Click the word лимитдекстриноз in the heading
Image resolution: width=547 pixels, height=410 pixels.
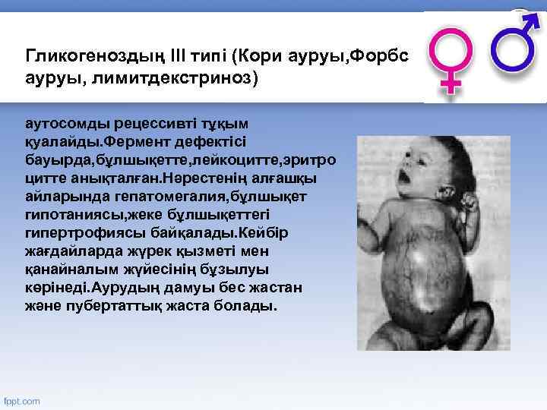point(172,77)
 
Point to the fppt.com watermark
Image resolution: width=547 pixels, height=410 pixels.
point(22,400)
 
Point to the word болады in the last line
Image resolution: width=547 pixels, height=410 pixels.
point(249,307)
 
